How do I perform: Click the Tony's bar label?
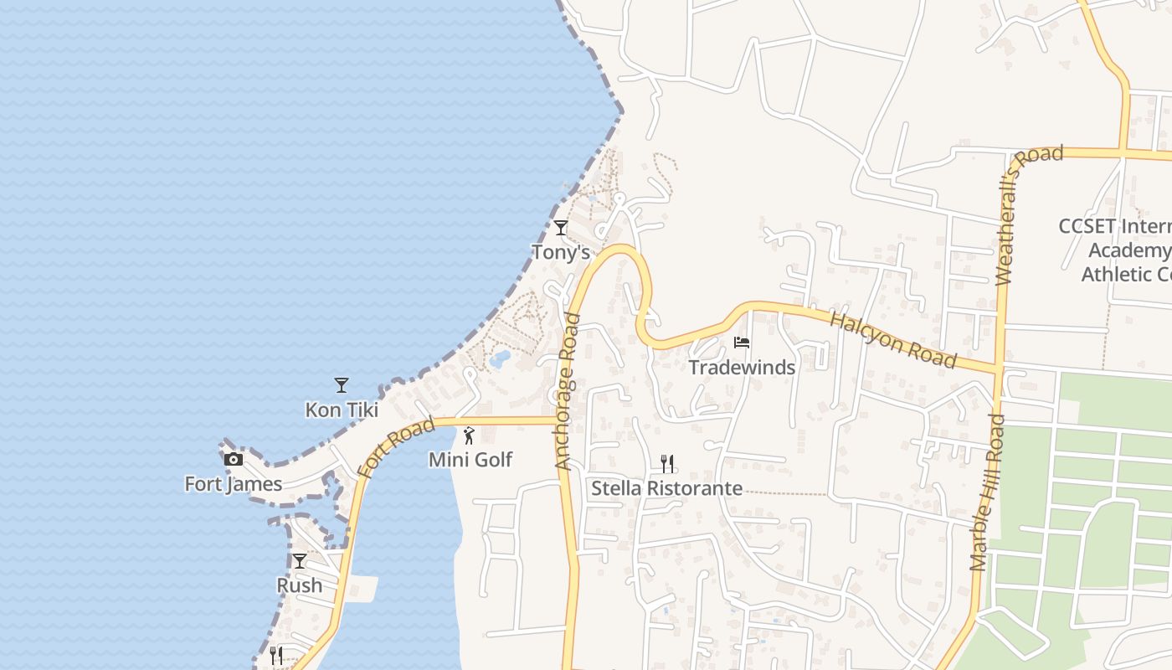561,252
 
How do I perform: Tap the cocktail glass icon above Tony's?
561,227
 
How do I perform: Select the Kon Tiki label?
342,410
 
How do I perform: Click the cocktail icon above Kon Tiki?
342,385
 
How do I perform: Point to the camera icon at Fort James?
234,459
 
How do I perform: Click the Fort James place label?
234,484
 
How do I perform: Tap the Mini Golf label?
470,460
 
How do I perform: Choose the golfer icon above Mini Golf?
469,435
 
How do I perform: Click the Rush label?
300,585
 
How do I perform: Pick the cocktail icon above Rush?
300,561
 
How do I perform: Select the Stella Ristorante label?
667,488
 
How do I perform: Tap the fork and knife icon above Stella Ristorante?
667,463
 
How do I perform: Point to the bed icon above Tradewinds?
742,342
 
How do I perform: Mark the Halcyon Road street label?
892,340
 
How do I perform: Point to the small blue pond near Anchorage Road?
500,359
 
